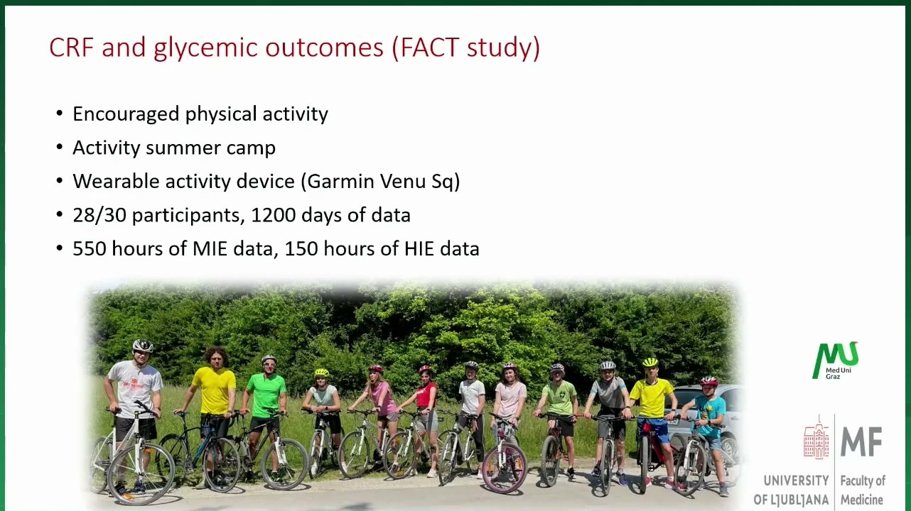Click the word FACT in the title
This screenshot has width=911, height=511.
click(x=430, y=47)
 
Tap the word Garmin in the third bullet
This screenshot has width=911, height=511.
click(x=340, y=181)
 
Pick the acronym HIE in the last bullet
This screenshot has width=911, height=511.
click(x=419, y=248)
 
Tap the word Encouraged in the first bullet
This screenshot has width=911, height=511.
click(x=126, y=114)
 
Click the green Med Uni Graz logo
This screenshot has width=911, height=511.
click(x=836, y=361)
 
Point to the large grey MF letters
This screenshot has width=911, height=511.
click(x=861, y=441)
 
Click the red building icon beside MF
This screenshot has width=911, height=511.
click(x=816, y=437)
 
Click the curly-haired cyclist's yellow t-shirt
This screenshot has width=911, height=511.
click(x=215, y=390)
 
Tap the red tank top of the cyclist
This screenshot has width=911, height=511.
click(x=426, y=395)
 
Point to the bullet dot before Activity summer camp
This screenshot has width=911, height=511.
click(x=60, y=147)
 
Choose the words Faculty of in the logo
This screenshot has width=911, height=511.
click(x=863, y=481)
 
